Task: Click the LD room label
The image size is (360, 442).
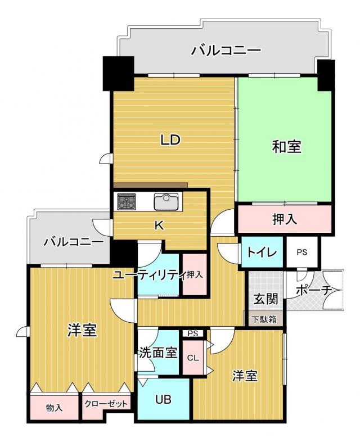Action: click(170, 139)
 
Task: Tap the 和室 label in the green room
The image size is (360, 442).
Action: click(287, 147)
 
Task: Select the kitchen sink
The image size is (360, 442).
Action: click(166, 201)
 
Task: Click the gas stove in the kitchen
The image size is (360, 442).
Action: click(127, 201)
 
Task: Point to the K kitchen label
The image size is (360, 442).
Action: click(159, 225)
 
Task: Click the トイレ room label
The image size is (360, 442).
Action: click(262, 252)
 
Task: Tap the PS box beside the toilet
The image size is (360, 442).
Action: click(302, 252)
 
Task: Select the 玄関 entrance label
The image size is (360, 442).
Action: click(266, 299)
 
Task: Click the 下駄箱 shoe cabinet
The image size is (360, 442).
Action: click(265, 319)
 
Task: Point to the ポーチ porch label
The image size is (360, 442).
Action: click(313, 290)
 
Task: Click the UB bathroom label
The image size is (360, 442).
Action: click(164, 399)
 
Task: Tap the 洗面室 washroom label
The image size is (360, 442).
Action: click(159, 353)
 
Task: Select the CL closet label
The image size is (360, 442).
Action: click(193, 358)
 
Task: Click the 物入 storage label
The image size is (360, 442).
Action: click(54, 407)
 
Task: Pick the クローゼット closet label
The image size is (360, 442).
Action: click(106, 404)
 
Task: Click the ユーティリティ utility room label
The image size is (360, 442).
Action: click(149, 274)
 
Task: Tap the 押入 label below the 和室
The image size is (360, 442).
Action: click(285, 219)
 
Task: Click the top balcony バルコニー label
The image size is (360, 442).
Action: click(226, 51)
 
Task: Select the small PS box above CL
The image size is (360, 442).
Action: click(193, 333)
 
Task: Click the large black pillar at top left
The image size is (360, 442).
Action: click(118, 74)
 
